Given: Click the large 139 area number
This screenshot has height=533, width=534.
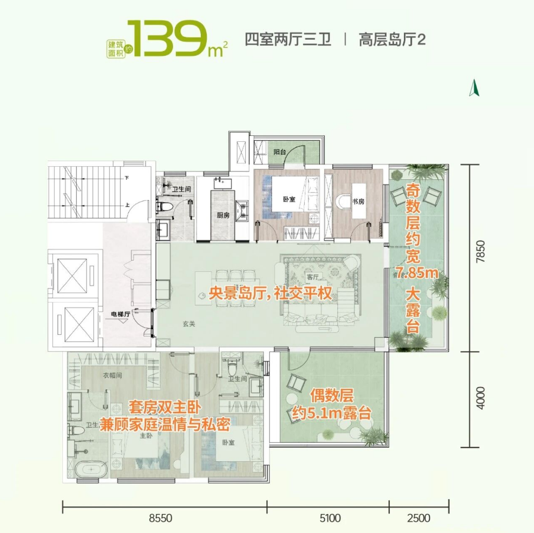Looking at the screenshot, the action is pyautogui.click(x=168, y=38).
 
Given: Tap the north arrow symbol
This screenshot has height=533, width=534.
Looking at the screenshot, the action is pyautogui.click(x=474, y=87).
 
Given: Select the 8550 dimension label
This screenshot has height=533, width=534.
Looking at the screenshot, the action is pyautogui.click(x=160, y=518).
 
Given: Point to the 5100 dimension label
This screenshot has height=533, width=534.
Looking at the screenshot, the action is pyautogui.click(x=330, y=518).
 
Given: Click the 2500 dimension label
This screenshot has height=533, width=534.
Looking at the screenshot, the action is pyautogui.click(x=418, y=518).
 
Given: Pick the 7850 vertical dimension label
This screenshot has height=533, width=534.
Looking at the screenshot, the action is pyautogui.click(x=480, y=251).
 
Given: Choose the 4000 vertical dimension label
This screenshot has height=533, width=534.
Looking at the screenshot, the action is pyautogui.click(x=480, y=398).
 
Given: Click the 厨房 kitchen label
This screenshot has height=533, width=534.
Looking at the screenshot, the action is pyautogui.click(x=223, y=215).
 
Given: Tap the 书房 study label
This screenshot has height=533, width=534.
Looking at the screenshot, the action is pyautogui.click(x=358, y=201).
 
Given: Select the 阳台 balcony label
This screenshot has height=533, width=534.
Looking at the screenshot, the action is pyautogui.click(x=280, y=152).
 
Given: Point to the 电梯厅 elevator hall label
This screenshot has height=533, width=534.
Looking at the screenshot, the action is pyautogui.click(x=121, y=314).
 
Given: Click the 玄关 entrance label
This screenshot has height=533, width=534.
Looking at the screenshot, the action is pyautogui.click(x=189, y=323).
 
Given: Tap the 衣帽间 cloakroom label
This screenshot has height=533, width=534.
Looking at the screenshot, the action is pyautogui.click(x=112, y=375).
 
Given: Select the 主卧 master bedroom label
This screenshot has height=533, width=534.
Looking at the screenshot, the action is pyautogui.click(x=146, y=435).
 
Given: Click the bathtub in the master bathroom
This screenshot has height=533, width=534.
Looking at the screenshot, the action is pyautogui.click(x=91, y=469).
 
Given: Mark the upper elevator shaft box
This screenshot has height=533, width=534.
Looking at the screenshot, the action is pyautogui.click(x=72, y=275).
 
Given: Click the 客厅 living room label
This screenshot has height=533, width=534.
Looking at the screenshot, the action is pyautogui.click(x=312, y=277).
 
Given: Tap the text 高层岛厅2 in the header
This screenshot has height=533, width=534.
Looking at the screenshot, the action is pyautogui.click(x=392, y=40).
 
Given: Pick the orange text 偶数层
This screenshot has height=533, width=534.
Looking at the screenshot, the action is pyautogui.click(x=331, y=396).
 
